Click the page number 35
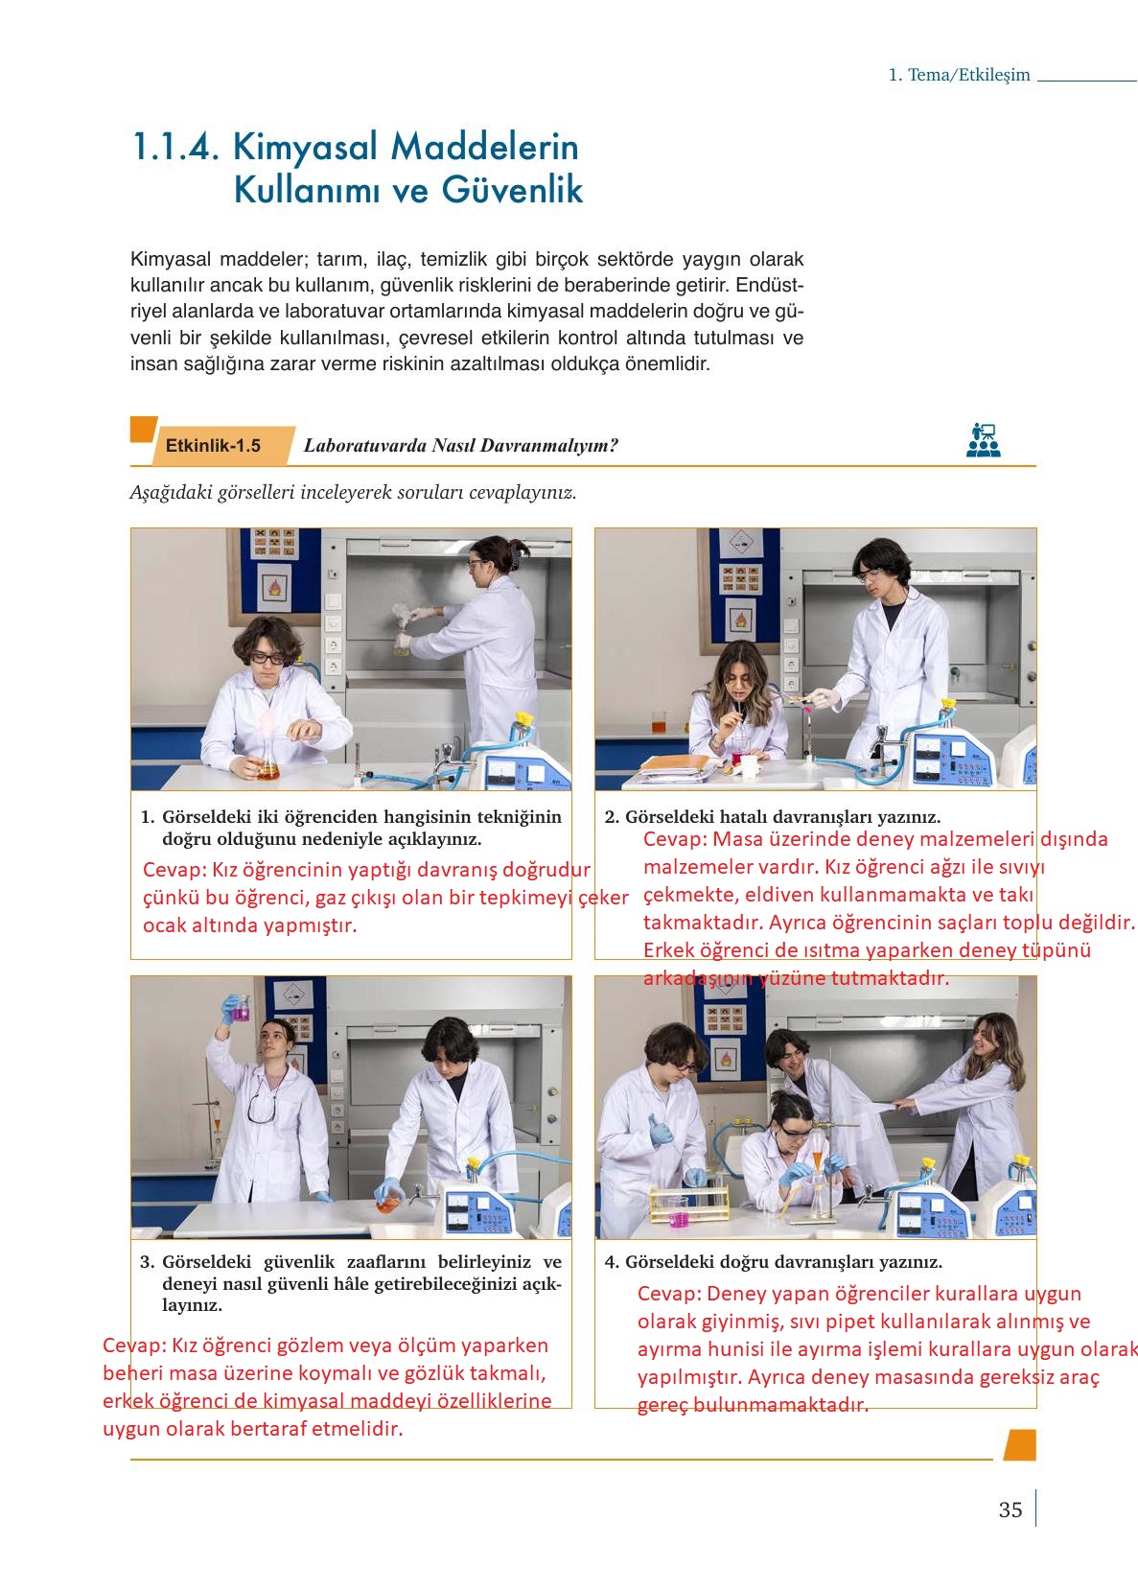(1010, 1509)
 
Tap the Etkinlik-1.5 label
(213, 445)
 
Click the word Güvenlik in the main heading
(512, 189)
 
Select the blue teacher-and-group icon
(984, 440)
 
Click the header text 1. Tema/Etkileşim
(959, 75)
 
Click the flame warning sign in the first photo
(274, 587)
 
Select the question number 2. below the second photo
(612, 817)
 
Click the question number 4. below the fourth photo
(612, 1262)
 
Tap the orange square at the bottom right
(1021, 1444)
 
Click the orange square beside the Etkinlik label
(143, 429)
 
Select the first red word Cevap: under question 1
(174, 870)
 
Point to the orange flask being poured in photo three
(387, 1204)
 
